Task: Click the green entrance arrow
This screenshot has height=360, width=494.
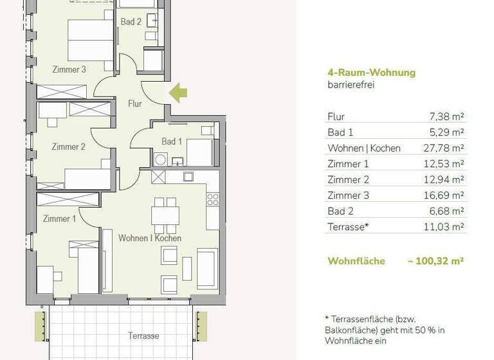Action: click(178, 94)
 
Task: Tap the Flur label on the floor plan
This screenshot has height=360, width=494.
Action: click(134, 103)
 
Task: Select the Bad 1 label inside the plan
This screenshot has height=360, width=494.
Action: click(172, 141)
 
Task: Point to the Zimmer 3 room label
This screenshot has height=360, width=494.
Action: click(69, 70)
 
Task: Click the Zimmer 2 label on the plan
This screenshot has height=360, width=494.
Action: click(68, 147)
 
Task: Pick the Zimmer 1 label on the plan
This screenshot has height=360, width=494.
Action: click(59, 219)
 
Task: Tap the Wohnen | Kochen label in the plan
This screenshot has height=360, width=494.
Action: click(150, 238)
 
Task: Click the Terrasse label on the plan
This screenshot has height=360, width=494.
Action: click(144, 336)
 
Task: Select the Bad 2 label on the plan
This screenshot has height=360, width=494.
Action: click(131, 22)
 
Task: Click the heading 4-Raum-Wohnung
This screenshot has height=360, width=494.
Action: click(371, 73)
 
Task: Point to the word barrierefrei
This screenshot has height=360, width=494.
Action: click(351, 85)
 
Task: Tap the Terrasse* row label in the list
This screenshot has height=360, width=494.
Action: click(348, 227)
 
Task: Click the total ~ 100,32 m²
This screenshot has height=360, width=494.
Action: click(435, 261)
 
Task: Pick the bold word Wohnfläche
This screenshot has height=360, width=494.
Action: click(356, 261)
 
